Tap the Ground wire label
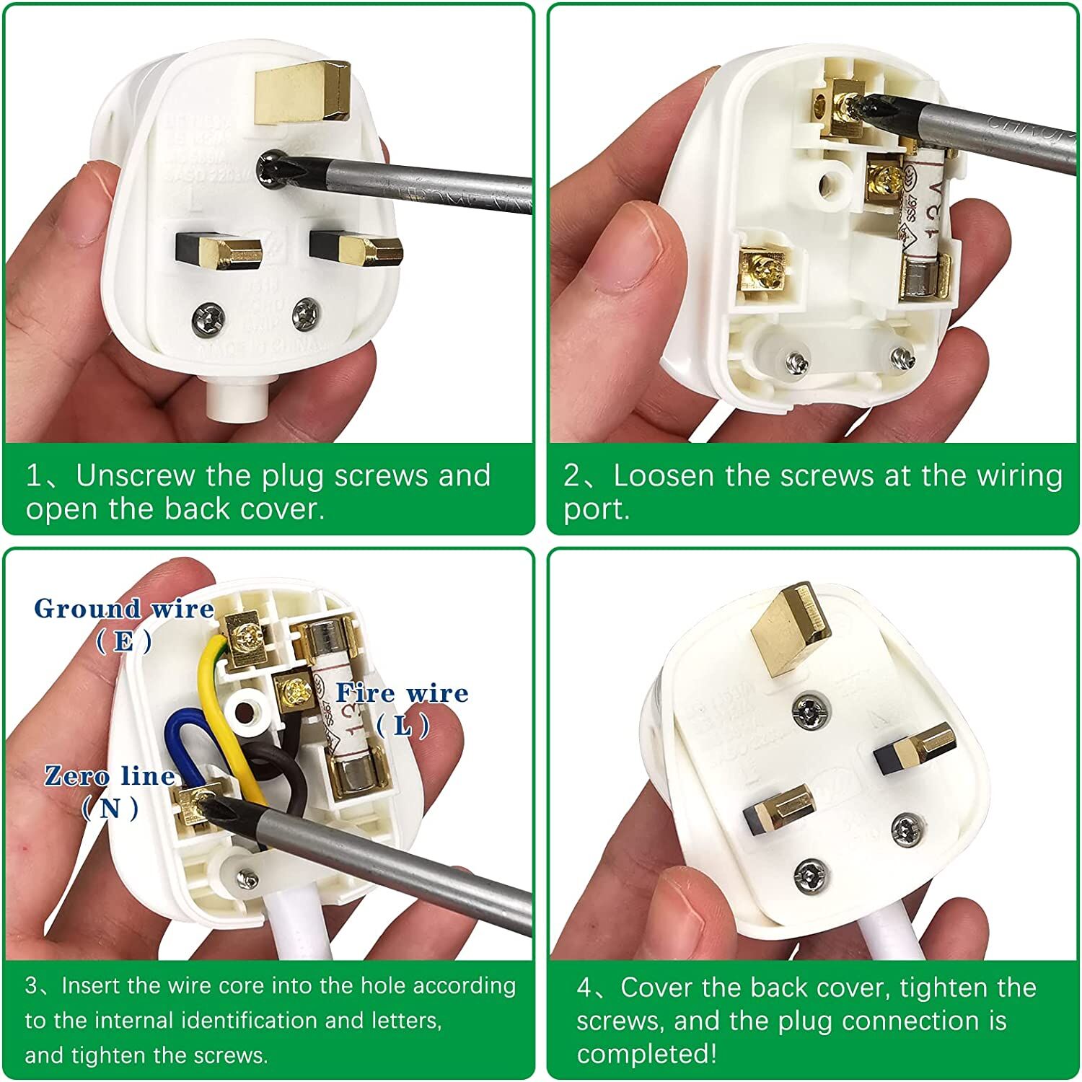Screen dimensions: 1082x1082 pyautogui.click(x=124, y=609)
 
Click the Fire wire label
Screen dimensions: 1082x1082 pyautogui.click(x=402, y=694)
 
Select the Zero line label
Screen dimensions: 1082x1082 pyautogui.click(x=110, y=776)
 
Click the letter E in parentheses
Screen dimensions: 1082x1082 pyautogui.click(x=124, y=641)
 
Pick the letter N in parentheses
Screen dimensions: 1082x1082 pyautogui.click(x=110, y=809)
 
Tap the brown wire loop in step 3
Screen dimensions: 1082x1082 pyautogui.click(x=285, y=775)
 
